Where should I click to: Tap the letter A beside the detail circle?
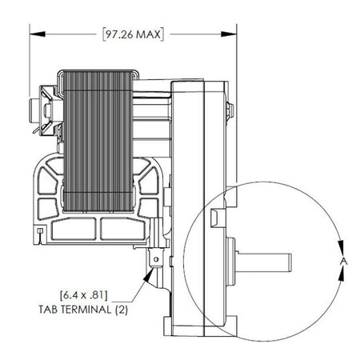(x=342, y=261)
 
